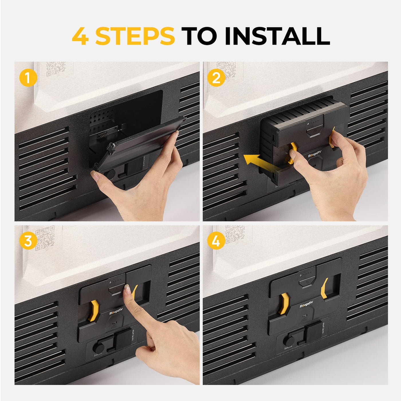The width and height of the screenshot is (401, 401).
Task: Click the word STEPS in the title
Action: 135,36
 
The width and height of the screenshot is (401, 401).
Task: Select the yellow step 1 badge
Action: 28,78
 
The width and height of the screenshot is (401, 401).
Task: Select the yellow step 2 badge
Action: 216,78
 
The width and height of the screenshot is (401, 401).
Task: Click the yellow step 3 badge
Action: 28,241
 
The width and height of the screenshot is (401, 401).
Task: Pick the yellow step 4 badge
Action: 216,241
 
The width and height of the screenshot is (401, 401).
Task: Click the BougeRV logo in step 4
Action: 306,306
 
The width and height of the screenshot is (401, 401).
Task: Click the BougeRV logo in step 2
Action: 315,155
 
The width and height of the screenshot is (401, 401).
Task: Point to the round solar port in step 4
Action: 289,341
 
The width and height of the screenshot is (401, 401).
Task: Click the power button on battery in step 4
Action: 306,282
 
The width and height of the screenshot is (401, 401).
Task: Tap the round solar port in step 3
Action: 99,348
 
